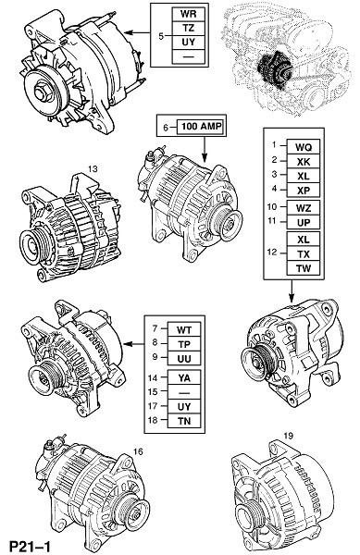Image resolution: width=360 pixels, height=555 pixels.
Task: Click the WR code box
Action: [188, 14]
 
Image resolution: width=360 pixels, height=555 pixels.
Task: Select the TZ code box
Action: [188, 29]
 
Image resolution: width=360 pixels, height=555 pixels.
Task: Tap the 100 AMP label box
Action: [202, 127]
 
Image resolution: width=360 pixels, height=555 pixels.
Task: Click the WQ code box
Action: [304, 147]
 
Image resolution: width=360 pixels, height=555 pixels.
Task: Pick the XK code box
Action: [304, 161]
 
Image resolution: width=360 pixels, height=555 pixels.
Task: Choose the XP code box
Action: [304, 190]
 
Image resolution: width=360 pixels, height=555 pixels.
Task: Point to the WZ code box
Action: [304, 208]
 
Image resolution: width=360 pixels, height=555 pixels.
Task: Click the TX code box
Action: [304, 253]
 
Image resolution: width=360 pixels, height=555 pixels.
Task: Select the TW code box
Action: [304, 268]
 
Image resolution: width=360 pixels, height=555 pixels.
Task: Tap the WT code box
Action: [184, 330]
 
